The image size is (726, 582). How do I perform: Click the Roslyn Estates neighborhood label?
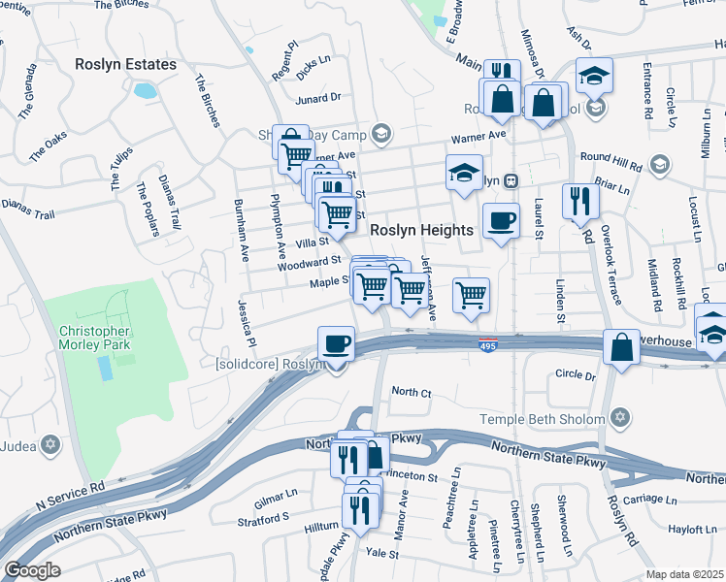[127, 64]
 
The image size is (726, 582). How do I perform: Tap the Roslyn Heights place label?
[421, 230]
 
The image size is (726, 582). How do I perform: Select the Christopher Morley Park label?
[93, 338]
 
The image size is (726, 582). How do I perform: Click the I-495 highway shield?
[488, 345]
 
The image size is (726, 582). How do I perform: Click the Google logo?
[32, 570]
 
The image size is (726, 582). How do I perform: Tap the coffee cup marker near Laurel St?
[501, 221]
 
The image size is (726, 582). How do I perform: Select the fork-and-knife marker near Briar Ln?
[580, 201]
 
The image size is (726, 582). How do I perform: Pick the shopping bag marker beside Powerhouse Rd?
[620, 347]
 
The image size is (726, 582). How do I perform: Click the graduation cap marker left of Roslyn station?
[465, 174]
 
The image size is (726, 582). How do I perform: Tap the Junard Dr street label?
[319, 97]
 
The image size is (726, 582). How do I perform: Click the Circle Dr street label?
[576, 375]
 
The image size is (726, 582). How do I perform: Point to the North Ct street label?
[411, 392]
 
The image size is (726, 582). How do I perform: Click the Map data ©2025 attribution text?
[684, 574]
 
